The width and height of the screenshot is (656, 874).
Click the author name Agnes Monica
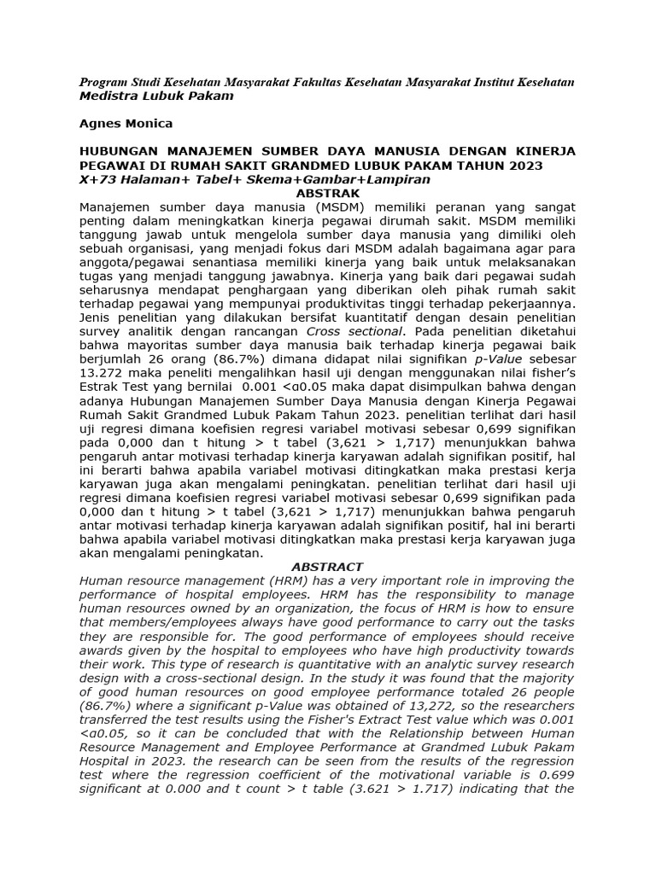point(126,124)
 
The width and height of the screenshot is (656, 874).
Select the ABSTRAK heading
point(327,194)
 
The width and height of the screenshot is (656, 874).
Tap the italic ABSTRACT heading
point(327,567)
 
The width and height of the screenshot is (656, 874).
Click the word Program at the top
point(102,82)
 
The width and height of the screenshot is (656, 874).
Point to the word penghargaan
point(248,290)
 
